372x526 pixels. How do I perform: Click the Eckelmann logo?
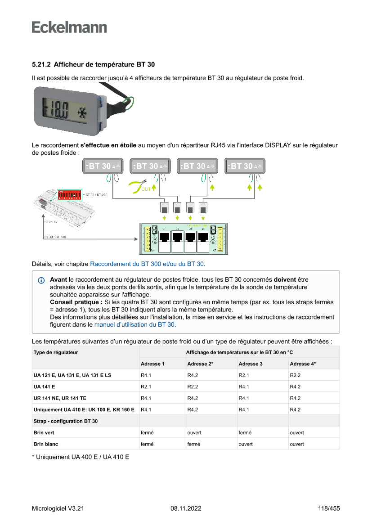[69, 27]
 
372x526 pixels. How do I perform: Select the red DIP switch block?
[69, 194]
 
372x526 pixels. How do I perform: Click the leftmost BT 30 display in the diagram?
[103, 166]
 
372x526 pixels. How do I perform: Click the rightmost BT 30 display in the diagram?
[245, 166]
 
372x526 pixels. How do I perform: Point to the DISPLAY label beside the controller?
[51, 222]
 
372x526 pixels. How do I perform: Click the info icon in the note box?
[41, 280]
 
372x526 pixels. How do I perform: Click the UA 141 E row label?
[45, 387]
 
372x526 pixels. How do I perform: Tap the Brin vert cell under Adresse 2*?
[194, 432]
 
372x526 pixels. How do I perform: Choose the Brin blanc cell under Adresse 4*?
[297, 444]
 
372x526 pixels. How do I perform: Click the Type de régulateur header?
[56, 352]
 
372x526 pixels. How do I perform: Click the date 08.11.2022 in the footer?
[186, 508]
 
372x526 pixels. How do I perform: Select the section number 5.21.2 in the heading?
[41, 65]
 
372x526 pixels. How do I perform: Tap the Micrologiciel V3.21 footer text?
[58, 508]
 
